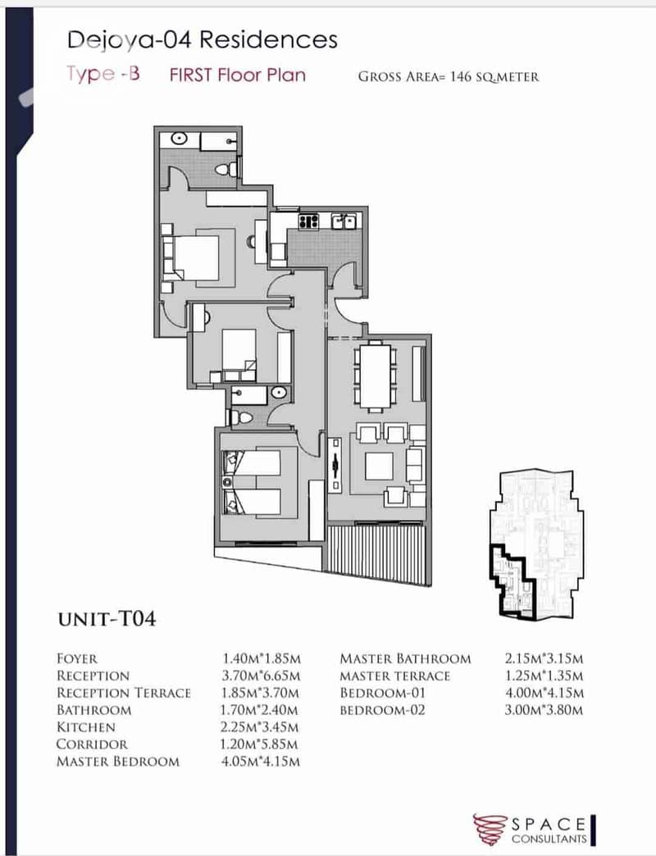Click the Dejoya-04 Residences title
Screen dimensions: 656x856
203,41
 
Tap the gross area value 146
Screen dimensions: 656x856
460,76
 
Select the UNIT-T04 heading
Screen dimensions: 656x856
107,619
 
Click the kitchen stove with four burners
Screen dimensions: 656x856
308,221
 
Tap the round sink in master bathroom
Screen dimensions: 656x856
180,139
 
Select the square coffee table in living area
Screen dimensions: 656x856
380,466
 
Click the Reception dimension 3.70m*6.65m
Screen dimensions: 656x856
261,676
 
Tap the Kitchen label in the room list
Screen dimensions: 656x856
85,727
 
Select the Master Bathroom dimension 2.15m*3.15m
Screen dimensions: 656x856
544,659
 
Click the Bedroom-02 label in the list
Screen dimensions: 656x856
382,710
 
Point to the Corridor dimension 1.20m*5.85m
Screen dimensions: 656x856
260,744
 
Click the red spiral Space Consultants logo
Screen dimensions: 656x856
490,829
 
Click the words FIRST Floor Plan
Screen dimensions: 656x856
238,75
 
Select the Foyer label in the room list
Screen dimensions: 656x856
77,659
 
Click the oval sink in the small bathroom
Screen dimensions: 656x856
278,393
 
